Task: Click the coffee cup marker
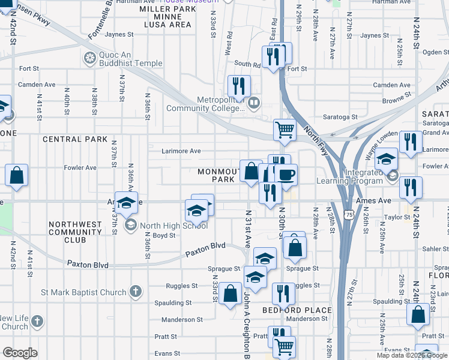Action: point(286,175)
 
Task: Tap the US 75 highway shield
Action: point(349,214)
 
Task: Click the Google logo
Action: point(20,353)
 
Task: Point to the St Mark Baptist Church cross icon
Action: point(136,292)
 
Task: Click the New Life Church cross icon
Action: point(38,322)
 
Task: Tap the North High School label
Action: point(173,226)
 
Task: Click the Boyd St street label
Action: point(163,236)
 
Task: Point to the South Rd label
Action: point(247,64)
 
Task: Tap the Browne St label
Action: point(397,95)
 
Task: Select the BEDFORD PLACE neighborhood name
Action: point(297,310)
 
